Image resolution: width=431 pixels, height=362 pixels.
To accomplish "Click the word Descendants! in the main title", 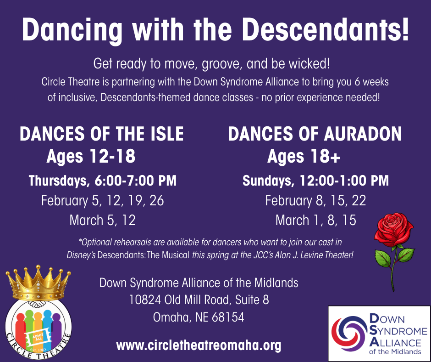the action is point(325,30).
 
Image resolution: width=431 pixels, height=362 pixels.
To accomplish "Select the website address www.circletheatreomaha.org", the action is point(199,345).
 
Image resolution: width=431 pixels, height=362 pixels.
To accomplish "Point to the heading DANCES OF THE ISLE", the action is point(101,134).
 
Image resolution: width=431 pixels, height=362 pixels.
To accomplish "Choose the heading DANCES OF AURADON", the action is point(315,134).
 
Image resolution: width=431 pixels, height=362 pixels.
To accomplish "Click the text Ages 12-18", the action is point(91,156).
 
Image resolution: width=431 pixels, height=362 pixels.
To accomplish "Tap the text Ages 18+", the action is point(304,156).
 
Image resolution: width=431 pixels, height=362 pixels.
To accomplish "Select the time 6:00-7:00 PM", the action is point(135,181).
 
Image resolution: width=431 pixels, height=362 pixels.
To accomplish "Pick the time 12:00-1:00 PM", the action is point(344,181).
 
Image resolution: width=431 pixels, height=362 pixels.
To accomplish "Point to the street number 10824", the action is point(145,300).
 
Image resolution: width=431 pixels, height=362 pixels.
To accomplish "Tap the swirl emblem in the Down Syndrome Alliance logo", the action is point(349,334).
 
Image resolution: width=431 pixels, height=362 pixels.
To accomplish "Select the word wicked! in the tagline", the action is point(309,64).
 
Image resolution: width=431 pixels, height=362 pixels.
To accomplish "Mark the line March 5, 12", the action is point(103,221).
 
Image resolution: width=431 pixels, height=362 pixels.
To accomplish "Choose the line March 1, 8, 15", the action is point(315,221).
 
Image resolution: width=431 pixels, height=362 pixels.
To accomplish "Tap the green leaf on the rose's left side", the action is point(382,258).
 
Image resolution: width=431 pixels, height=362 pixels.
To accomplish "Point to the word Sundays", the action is point(268,181).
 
